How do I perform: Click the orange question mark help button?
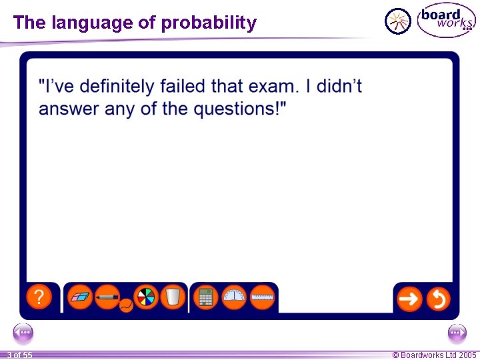click(x=39, y=297)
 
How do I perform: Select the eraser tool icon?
click(x=81, y=297)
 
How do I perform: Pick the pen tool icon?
click(x=107, y=297)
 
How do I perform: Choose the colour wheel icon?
click(x=145, y=297)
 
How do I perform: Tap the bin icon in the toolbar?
click(x=172, y=297)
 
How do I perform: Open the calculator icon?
click(x=206, y=297)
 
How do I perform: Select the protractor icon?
click(x=234, y=297)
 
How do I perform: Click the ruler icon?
click(x=263, y=297)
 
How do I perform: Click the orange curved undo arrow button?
click(x=438, y=299)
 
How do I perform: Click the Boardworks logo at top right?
click(x=446, y=21)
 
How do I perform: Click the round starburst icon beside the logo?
click(x=399, y=21)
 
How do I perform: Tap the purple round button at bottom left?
click(x=23, y=332)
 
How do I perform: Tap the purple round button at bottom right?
click(x=457, y=332)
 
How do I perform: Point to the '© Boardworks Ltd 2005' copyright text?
click(x=434, y=355)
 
